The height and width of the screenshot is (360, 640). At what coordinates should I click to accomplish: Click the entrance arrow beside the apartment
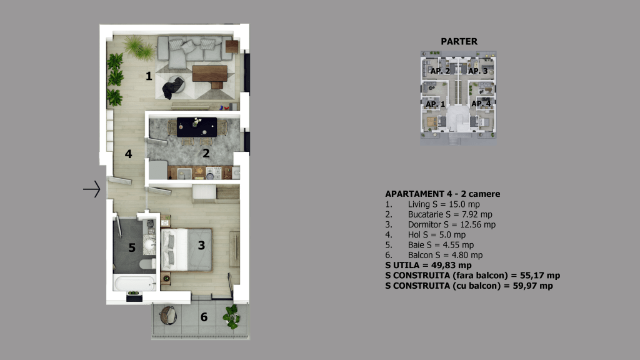[x=92, y=189]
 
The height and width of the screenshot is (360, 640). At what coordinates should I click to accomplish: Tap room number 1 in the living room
[x=149, y=76]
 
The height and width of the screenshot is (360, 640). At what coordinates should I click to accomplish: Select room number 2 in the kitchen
[x=206, y=154]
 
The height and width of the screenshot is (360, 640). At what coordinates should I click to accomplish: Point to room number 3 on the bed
[x=201, y=245]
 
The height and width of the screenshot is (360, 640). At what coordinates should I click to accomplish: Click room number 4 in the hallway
[x=129, y=154]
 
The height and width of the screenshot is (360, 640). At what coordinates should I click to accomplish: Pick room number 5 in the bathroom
[x=132, y=247]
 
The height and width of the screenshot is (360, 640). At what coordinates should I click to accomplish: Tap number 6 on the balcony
[x=204, y=317]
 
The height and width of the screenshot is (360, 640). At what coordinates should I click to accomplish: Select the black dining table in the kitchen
[x=197, y=127]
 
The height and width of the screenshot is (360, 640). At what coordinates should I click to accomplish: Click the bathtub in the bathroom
[x=135, y=283]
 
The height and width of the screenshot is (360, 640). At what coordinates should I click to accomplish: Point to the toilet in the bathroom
[x=147, y=264]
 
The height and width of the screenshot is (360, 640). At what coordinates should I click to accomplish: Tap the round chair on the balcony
[x=167, y=315]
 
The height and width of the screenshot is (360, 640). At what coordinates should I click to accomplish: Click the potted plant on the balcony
[x=232, y=317]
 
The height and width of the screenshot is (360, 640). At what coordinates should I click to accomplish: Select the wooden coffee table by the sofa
[x=210, y=75]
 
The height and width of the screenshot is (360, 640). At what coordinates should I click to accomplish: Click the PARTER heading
[x=459, y=42]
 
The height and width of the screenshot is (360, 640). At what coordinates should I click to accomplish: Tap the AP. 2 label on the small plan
[x=440, y=71]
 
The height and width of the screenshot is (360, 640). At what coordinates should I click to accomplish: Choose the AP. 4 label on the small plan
[x=481, y=104]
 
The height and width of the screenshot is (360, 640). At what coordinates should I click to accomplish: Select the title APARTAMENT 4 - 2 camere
[x=443, y=194]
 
